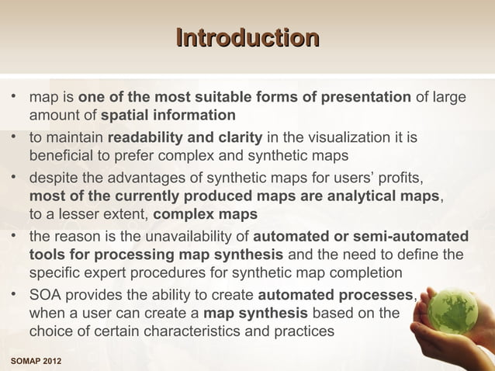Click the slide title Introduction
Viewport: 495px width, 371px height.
click(x=247, y=38)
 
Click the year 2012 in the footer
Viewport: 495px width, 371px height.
click(x=52, y=363)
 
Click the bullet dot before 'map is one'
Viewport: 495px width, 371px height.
click(x=13, y=98)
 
